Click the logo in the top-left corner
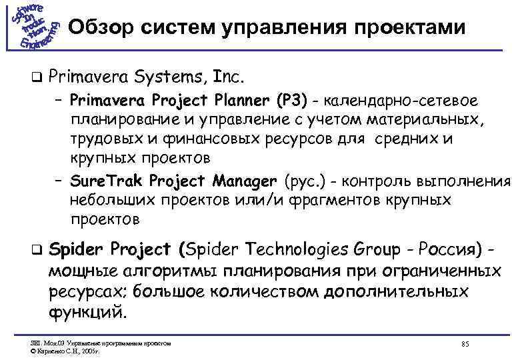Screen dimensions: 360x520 click(x=34, y=26)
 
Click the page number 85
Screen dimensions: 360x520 click(x=465, y=343)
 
